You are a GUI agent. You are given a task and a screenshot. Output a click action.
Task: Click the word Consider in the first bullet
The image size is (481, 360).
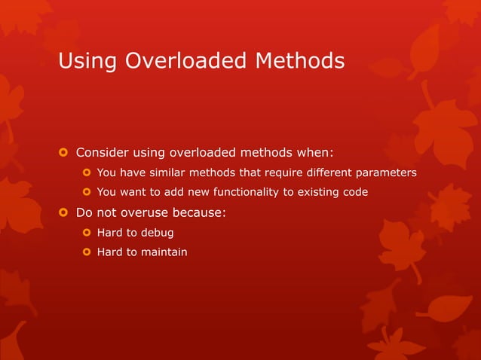(x=103, y=153)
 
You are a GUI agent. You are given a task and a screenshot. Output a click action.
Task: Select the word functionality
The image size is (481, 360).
(x=242, y=192)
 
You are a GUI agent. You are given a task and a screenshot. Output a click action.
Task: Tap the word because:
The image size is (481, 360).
(x=201, y=212)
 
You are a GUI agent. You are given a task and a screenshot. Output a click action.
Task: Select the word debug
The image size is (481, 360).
(x=158, y=232)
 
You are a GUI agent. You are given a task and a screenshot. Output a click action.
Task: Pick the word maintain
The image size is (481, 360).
(x=164, y=252)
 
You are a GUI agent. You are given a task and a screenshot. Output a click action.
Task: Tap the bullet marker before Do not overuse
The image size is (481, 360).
(x=64, y=212)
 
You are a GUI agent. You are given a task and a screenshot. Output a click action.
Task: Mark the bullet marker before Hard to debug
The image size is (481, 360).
(x=87, y=233)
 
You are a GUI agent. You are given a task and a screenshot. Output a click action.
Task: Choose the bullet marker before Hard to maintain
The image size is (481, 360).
(x=87, y=252)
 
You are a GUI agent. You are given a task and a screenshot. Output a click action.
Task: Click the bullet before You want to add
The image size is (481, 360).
(x=87, y=193)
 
